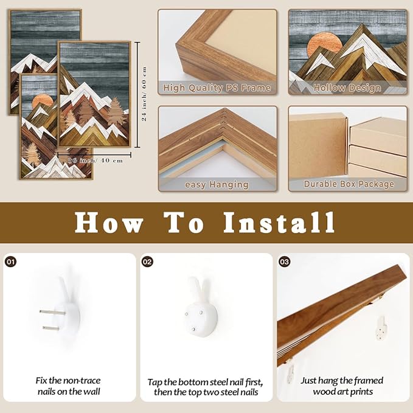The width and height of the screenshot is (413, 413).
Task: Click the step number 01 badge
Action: (x=11, y=262)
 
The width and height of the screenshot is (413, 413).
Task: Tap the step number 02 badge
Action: (x=147, y=262)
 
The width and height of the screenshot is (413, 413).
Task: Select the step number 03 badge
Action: (x=284, y=262)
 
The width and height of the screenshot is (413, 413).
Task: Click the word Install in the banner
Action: (x=279, y=223)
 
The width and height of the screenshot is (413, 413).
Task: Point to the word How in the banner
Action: (x=108, y=223)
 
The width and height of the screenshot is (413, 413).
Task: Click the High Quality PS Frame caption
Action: (x=217, y=88)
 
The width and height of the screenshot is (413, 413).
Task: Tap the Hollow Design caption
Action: (x=347, y=88)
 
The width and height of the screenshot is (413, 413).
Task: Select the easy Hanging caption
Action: (x=217, y=185)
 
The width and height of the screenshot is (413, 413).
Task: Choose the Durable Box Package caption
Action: (x=349, y=184)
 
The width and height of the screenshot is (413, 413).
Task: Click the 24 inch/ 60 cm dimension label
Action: (x=144, y=94)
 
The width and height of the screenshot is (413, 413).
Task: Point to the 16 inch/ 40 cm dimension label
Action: (x=95, y=161)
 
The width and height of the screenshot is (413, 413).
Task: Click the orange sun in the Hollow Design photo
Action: (x=325, y=44)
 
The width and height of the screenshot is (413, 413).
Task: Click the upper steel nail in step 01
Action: (x=52, y=313)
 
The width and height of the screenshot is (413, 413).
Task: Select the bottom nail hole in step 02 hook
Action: (x=193, y=329)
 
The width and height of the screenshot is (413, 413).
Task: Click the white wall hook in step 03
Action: (x=381, y=328)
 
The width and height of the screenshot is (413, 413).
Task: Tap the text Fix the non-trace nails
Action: (x=68, y=386)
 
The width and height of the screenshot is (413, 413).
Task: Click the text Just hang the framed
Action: (x=342, y=381)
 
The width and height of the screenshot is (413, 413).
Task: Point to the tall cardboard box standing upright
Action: (x=318, y=145)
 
